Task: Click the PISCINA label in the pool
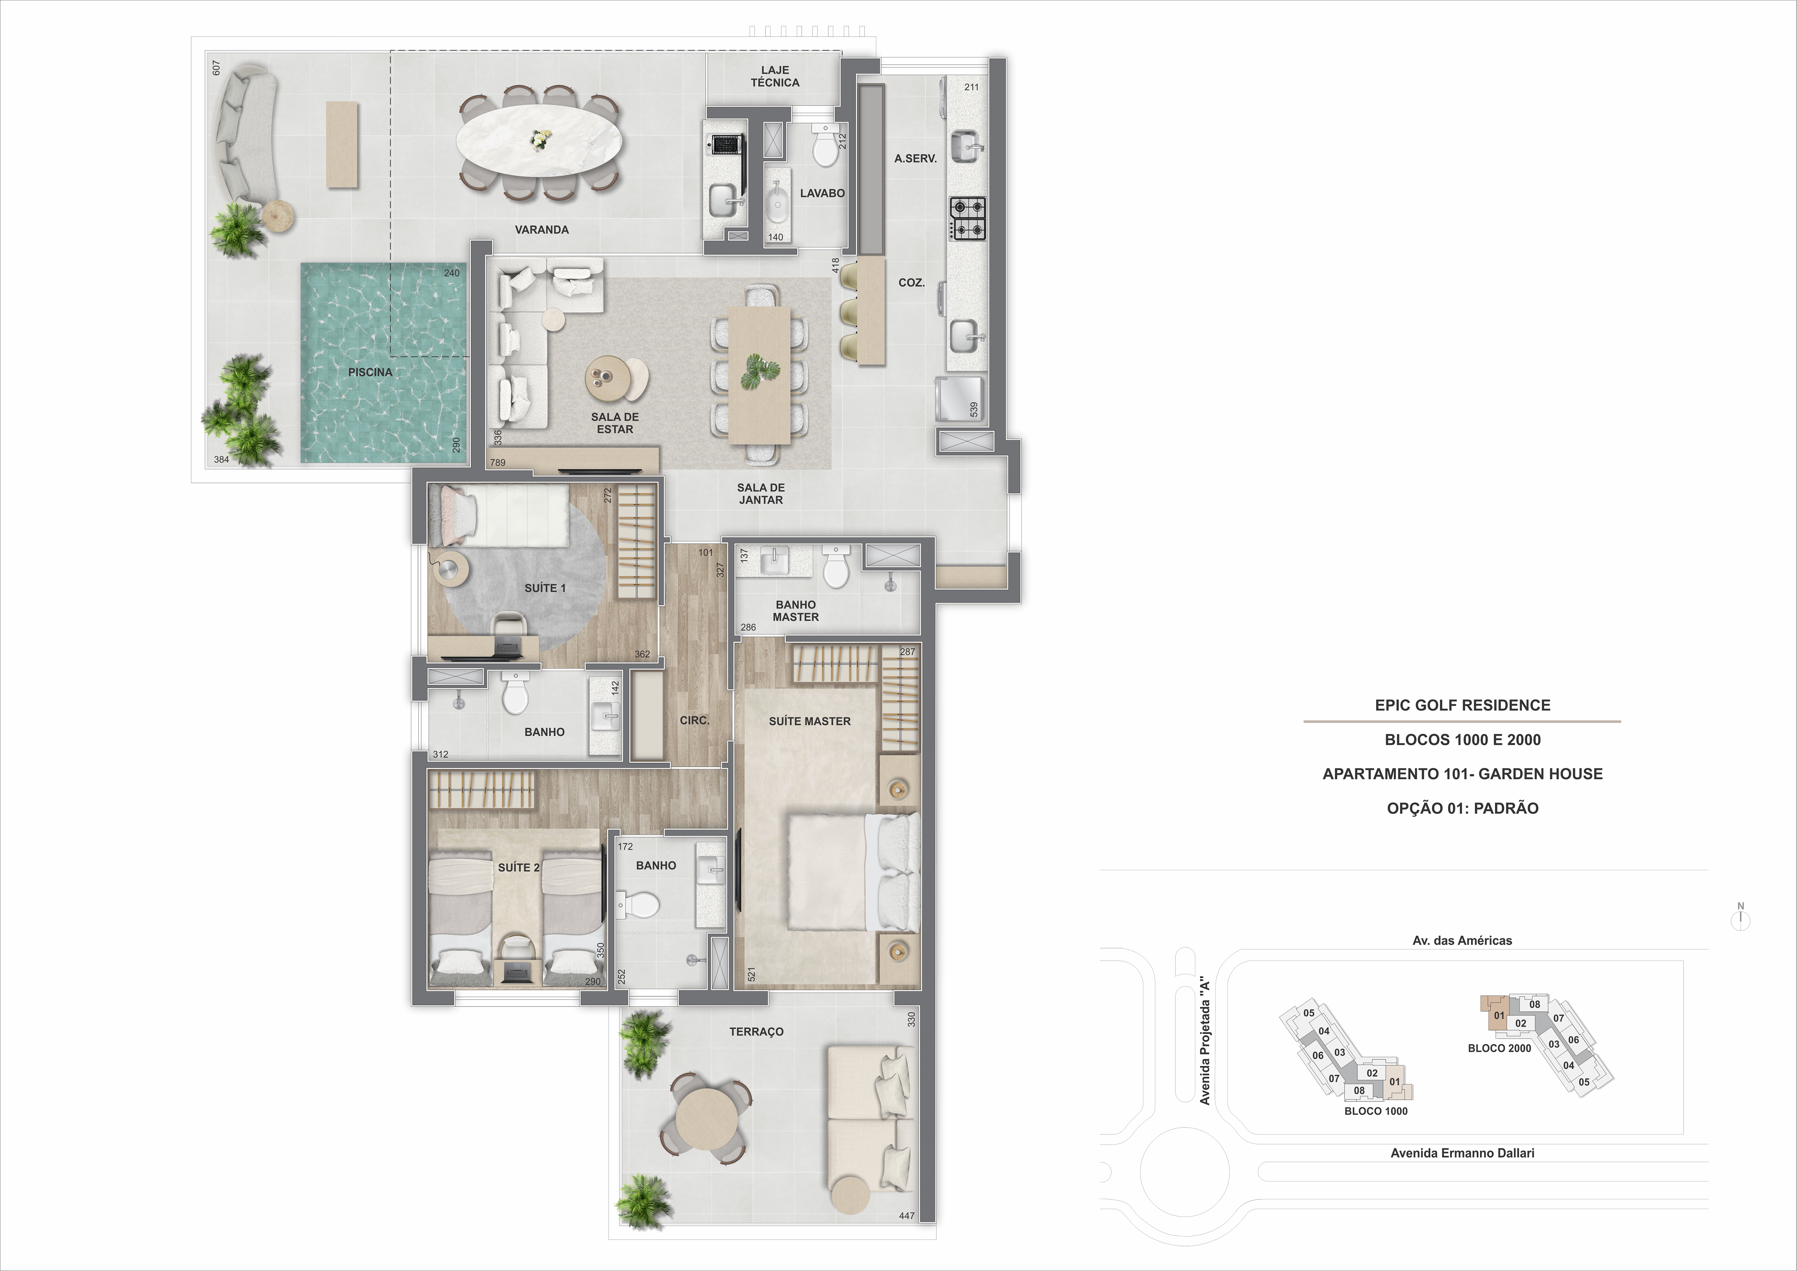pyautogui.click(x=370, y=372)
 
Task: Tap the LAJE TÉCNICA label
pyautogui.click(x=775, y=76)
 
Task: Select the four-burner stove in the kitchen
pyautogui.click(x=968, y=218)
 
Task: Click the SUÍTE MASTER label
pyautogui.click(x=809, y=721)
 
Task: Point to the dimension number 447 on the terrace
pyautogui.click(x=906, y=1216)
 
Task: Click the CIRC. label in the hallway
pyautogui.click(x=694, y=720)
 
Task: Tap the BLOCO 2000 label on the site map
pyautogui.click(x=1499, y=1048)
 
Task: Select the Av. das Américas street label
pyautogui.click(x=1461, y=941)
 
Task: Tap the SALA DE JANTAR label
pyautogui.click(x=760, y=494)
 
